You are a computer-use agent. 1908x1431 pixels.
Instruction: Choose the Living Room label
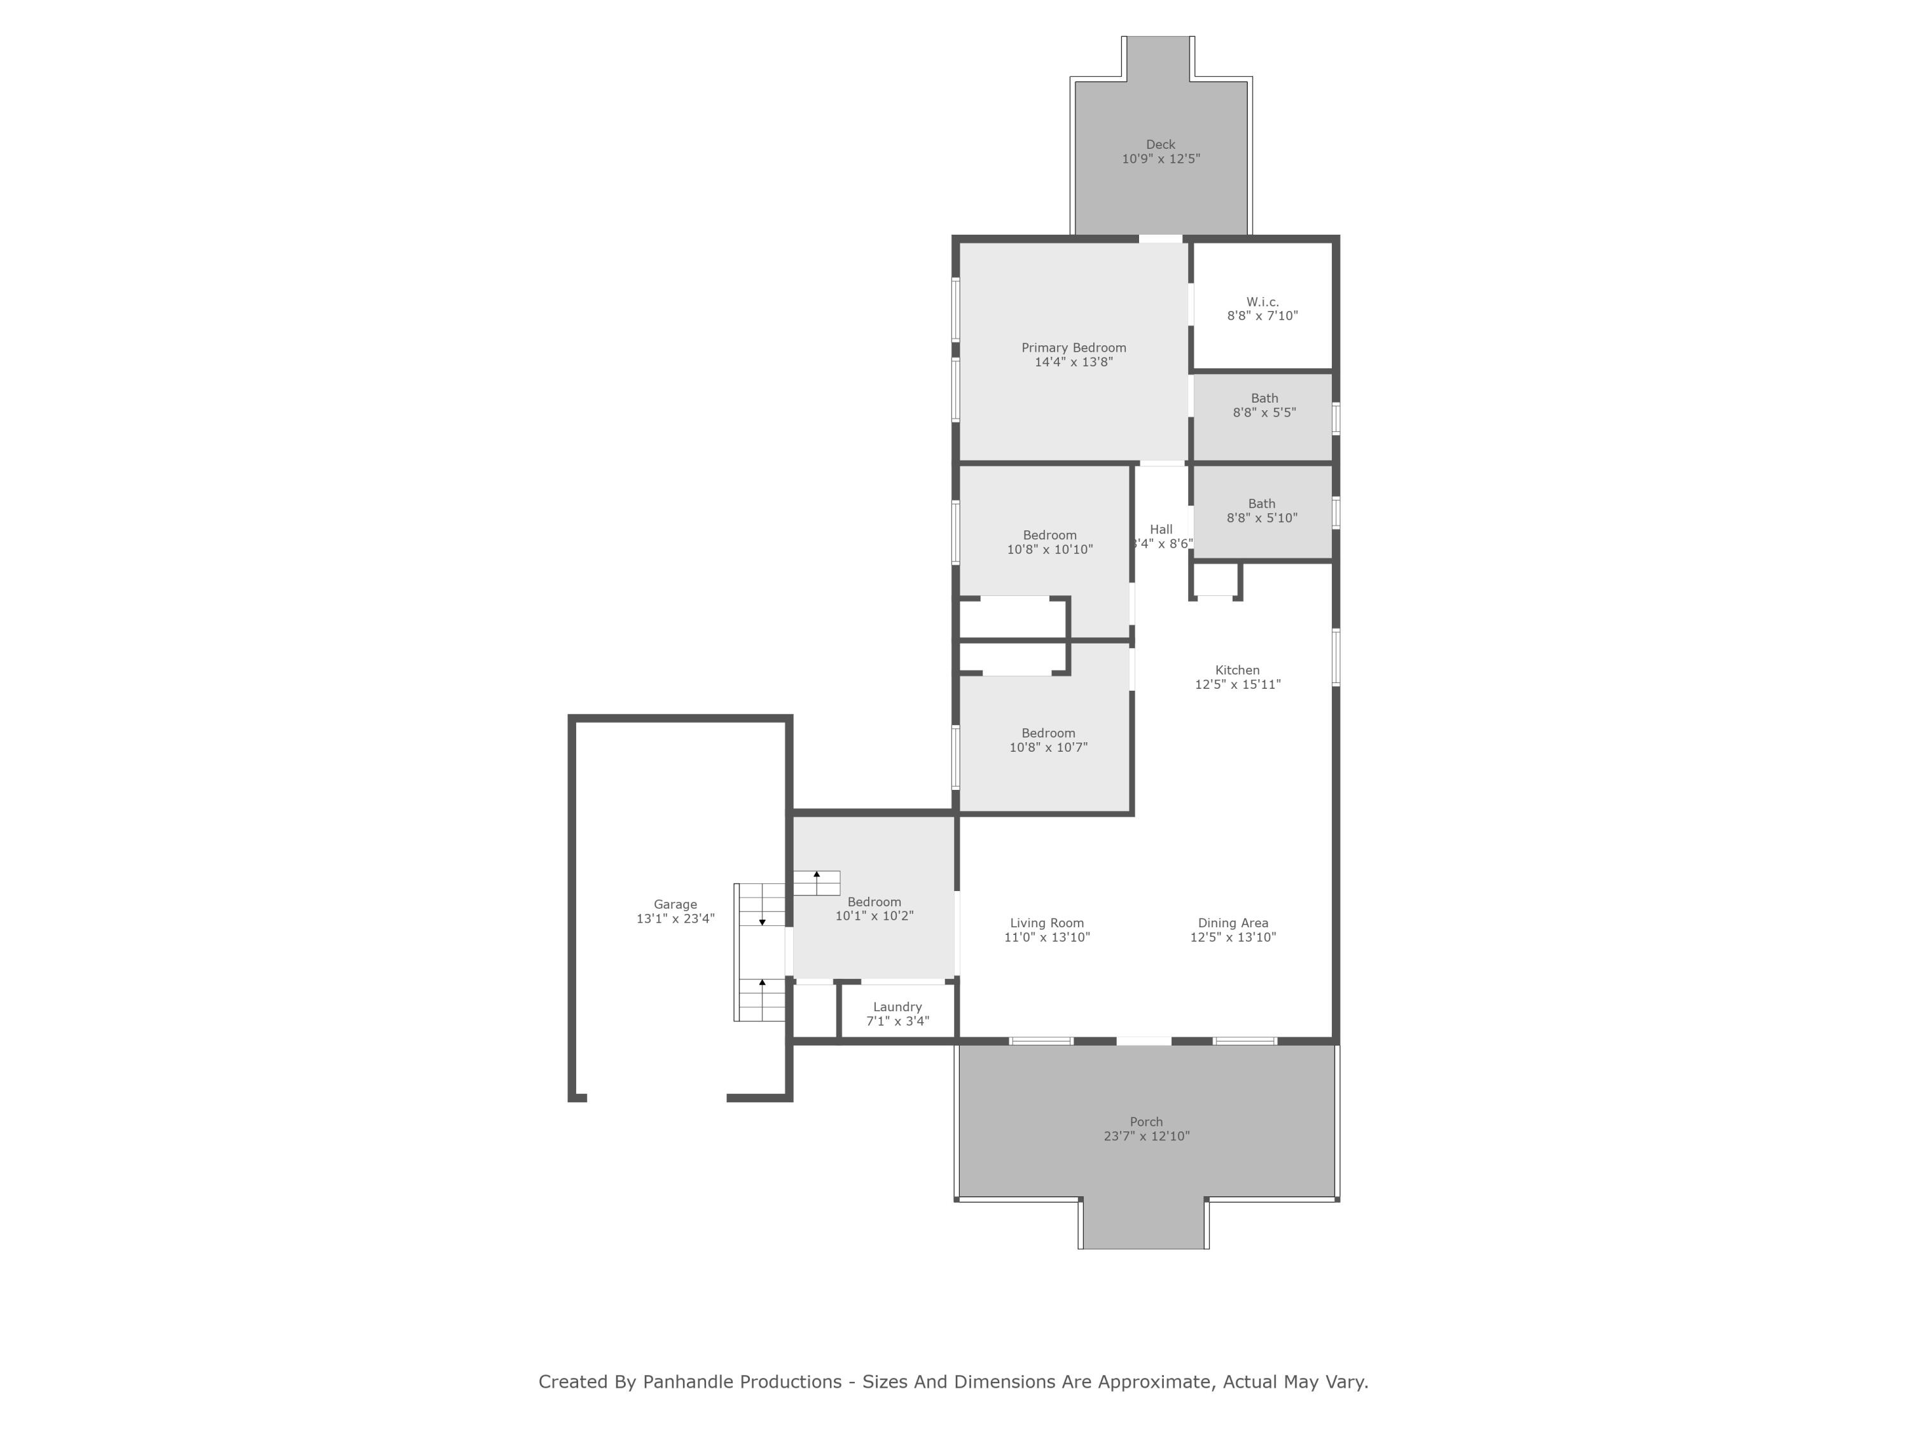(1046, 923)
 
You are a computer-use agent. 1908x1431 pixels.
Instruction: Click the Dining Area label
(1233, 923)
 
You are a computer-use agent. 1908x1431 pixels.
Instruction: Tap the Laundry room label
(897, 1007)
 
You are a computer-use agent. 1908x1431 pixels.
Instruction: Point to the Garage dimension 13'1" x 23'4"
(675, 918)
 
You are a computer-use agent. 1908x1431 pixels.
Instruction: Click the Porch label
(1146, 1122)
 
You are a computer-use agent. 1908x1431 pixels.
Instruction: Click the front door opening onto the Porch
(1144, 1041)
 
